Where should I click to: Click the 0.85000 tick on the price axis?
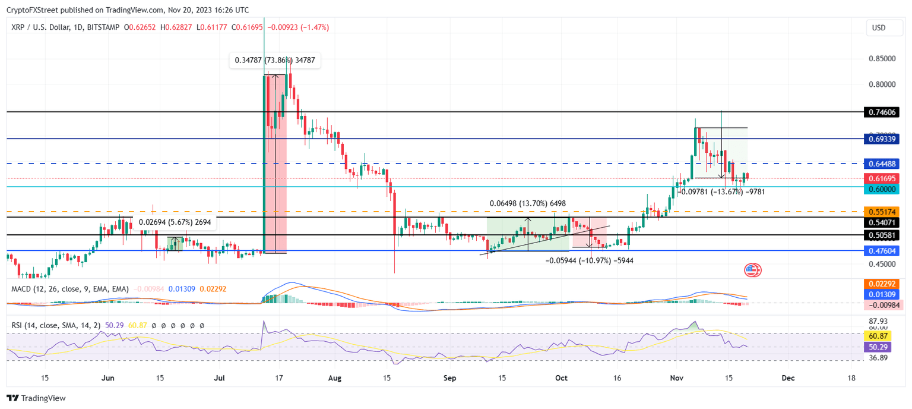881,59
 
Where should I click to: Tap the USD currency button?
878,27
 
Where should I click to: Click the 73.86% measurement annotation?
275,60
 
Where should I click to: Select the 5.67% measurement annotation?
175,222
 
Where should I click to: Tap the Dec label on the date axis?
787,377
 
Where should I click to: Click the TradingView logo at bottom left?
37,398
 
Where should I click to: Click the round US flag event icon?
752,270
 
